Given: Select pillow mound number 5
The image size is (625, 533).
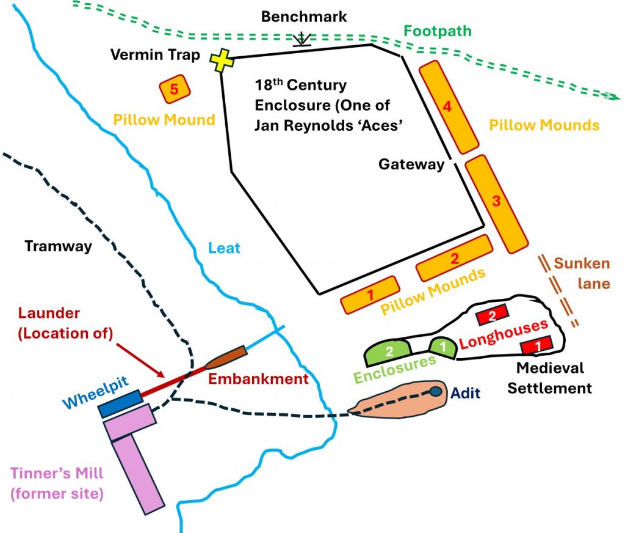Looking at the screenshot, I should (174, 90).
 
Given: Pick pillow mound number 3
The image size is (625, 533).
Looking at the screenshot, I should (496, 202).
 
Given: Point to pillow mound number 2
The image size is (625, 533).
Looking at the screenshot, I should (454, 257).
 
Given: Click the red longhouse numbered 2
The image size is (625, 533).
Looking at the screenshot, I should (493, 315).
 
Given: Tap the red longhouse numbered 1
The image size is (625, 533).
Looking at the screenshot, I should (537, 345).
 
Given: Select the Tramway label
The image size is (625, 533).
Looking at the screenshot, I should (58, 246).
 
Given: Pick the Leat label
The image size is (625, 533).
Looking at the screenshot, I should (225, 248).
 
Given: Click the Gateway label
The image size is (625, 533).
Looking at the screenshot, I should (411, 164).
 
